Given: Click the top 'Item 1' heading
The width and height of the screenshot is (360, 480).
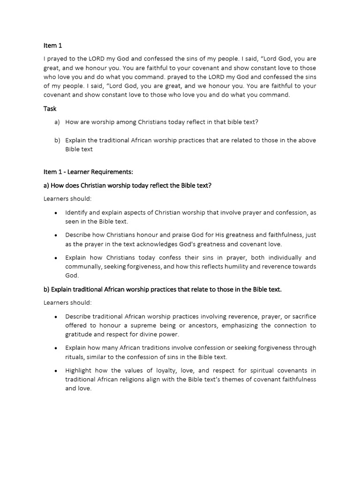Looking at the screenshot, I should [52, 45].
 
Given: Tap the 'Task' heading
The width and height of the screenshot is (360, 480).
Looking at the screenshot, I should [50, 108].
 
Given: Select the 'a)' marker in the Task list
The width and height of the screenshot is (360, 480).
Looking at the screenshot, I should [57, 122].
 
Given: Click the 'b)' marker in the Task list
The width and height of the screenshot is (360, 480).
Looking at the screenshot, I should [57, 140].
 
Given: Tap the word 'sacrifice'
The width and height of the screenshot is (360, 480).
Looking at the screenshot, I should [301, 316].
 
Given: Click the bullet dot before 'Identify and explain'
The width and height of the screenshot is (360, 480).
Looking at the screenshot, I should [56, 213].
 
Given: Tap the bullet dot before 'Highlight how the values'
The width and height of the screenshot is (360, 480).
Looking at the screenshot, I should [56, 371].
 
